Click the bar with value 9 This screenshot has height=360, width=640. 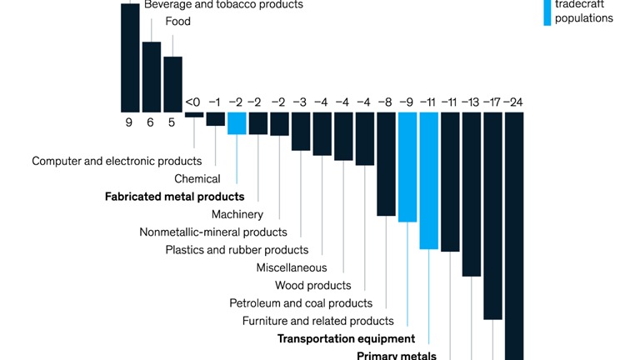[130, 57]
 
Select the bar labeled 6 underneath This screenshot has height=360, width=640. [152, 77]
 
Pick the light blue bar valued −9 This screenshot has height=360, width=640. [407, 167]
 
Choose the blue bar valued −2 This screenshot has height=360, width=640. [237, 123]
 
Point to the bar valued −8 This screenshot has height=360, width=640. [386, 164]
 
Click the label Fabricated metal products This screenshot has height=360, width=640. [174, 197]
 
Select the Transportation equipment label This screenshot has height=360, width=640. [346, 338]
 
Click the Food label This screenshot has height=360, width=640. [177, 22]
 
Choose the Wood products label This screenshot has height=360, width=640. [312, 286]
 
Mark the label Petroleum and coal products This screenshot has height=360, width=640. [301, 303]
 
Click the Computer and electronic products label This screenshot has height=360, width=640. [117, 161]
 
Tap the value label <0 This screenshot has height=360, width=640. [192, 102]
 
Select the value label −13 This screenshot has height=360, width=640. [472, 102]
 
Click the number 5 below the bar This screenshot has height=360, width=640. [172, 122]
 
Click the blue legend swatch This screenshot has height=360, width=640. [547, 12]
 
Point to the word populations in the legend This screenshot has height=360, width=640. [584, 18]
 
